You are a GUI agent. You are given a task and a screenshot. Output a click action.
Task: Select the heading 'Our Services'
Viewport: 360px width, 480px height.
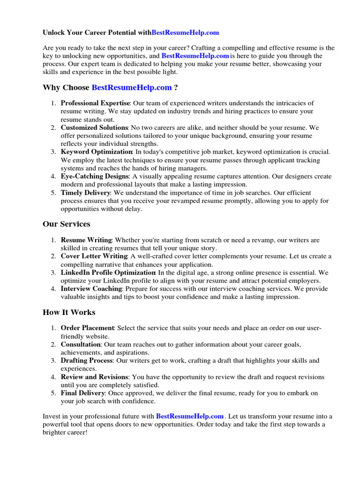pyautogui.click(x=66, y=224)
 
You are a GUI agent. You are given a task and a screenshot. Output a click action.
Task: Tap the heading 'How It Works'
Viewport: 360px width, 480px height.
pyautogui.click(x=69, y=312)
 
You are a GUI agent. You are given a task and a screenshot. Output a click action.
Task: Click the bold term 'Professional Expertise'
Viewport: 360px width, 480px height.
pyautogui.click(x=95, y=103)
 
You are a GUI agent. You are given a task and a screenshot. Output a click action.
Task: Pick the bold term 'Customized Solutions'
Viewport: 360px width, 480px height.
pyautogui.click(x=94, y=127)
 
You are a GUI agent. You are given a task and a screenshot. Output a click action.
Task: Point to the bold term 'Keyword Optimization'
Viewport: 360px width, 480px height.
pyautogui.click(x=97, y=152)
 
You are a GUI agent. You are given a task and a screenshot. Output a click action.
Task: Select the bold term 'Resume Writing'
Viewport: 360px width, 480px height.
pyautogui.click(x=86, y=240)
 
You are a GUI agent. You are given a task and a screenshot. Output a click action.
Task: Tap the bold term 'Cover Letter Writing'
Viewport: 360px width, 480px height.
pyautogui.click(x=94, y=256)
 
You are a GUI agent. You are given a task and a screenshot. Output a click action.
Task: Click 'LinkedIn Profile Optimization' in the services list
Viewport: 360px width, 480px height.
pyautogui.click(x=108, y=272)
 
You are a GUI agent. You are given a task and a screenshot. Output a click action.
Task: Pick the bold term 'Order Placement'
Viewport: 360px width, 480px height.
pyautogui.click(x=88, y=328)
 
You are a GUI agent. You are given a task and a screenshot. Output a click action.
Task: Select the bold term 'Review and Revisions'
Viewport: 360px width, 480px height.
pyautogui.click(x=95, y=377)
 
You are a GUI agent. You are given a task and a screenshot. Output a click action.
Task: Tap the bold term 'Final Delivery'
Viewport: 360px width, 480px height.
pyautogui.click(x=82, y=393)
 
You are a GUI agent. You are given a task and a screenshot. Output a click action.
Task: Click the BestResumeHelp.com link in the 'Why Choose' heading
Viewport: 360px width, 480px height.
pyautogui.click(x=132, y=88)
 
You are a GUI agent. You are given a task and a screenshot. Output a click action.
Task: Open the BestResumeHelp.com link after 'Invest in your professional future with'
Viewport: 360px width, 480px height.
pyautogui.click(x=190, y=416)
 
